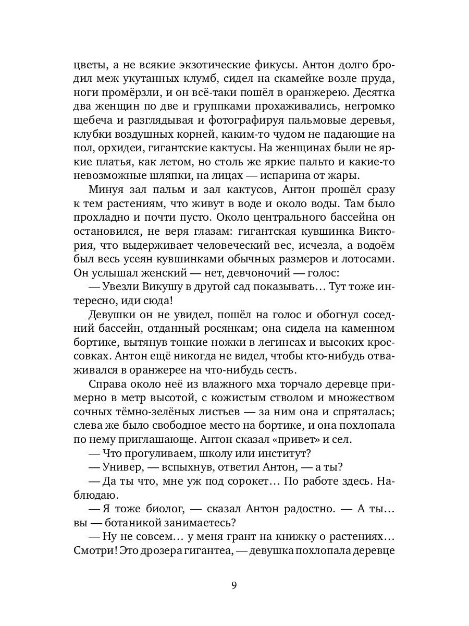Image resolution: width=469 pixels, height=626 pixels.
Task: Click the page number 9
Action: tap(234, 585)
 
